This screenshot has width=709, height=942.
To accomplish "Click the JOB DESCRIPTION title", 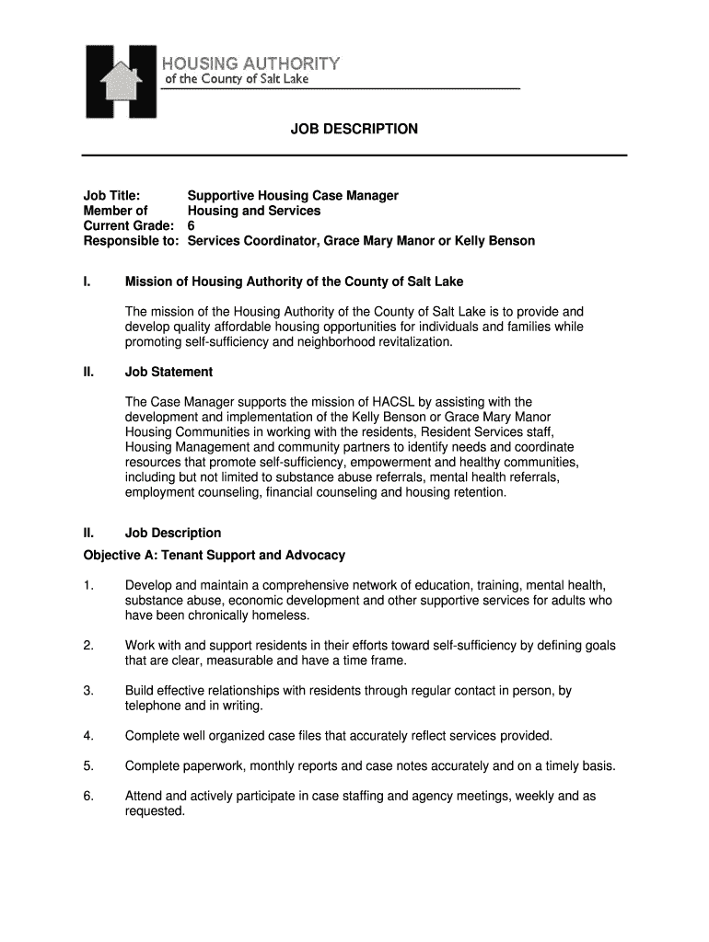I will pyautogui.click(x=354, y=130).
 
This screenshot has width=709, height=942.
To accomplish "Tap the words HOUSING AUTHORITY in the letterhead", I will pyautogui.click(x=251, y=63).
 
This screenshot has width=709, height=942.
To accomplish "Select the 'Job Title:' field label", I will pyautogui.click(x=111, y=196).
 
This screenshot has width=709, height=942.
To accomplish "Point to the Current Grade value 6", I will pyautogui.click(x=192, y=225).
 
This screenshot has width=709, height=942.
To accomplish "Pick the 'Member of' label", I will pyautogui.click(x=115, y=211).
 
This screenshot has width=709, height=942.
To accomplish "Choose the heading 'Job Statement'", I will pyautogui.click(x=169, y=372).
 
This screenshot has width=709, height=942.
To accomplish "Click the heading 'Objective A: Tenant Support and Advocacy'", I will pyautogui.click(x=215, y=555).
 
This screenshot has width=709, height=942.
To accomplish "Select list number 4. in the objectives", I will pyautogui.click(x=88, y=736).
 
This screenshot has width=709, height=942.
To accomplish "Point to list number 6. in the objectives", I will pyautogui.click(x=88, y=796).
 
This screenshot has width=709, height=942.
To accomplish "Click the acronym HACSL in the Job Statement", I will pyautogui.click(x=398, y=402).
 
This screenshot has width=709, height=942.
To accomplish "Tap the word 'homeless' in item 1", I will pyautogui.click(x=284, y=615).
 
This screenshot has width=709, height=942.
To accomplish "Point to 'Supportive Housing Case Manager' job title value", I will pyautogui.click(x=293, y=196).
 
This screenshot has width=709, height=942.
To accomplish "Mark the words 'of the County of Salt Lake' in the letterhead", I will pyautogui.click(x=237, y=79).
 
